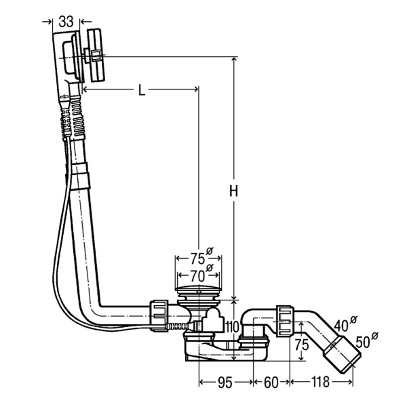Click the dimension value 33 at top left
click(x=66, y=22)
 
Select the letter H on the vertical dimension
click(x=233, y=191)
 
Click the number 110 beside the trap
click(x=232, y=328)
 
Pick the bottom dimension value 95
click(x=225, y=383)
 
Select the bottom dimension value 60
click(x=271, y=383)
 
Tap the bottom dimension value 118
click(x=320, y=382)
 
